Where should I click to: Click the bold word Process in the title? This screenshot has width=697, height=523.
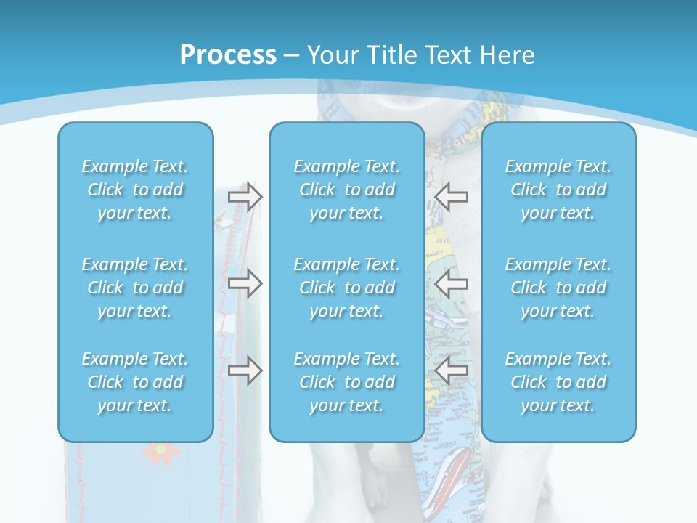click(228, 55)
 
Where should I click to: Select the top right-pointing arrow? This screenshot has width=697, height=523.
click(245, 197)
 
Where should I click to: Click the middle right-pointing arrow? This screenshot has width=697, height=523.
click(245, 283)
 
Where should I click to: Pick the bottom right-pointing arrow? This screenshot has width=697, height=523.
click(245, 370)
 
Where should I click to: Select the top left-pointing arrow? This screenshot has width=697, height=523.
click(452, 195)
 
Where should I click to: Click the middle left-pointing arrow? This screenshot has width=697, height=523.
click(452, 283)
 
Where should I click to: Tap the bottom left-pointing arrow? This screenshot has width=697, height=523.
click(452, 370)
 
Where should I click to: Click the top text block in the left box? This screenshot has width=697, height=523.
click(135, 190)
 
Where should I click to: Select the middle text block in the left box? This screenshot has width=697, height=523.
click(135, 288)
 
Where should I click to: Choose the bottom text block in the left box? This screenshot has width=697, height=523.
click(135, 382)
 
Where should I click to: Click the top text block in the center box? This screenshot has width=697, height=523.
click(346, 190)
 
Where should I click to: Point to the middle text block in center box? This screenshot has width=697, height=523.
click(346, 288)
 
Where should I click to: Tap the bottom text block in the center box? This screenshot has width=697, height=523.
click(346, 382)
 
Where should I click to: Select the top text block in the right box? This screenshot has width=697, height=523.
click(558, 190)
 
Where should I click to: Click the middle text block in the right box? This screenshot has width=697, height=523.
click(558, 288)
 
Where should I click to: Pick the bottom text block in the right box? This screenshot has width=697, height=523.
click(558, 382)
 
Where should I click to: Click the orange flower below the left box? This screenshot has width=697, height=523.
click(160, 453)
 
